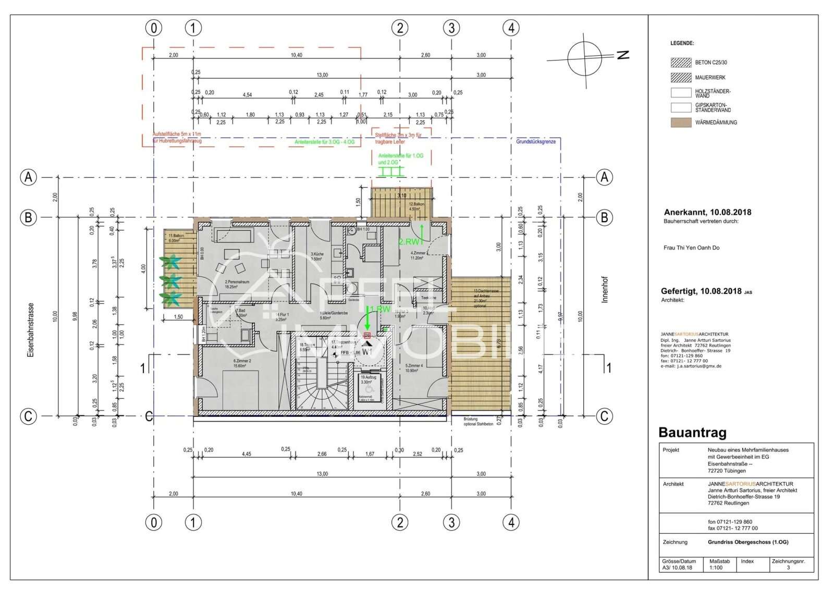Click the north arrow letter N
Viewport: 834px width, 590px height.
622,54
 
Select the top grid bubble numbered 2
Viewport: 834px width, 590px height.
400,28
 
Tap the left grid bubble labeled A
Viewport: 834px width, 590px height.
29,177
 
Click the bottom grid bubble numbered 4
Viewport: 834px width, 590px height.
511,522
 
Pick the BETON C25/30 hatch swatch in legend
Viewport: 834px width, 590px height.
681,63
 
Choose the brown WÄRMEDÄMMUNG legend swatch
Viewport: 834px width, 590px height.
681,123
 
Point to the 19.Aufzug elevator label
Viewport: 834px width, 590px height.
368,376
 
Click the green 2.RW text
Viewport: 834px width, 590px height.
409,242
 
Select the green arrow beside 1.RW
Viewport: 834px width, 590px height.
367,316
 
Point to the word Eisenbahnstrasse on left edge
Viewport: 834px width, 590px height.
31,329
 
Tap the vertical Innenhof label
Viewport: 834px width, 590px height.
605,290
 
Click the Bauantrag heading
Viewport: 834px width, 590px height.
692,433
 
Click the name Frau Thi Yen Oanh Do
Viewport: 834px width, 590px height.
691,248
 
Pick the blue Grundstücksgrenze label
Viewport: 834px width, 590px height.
536,142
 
